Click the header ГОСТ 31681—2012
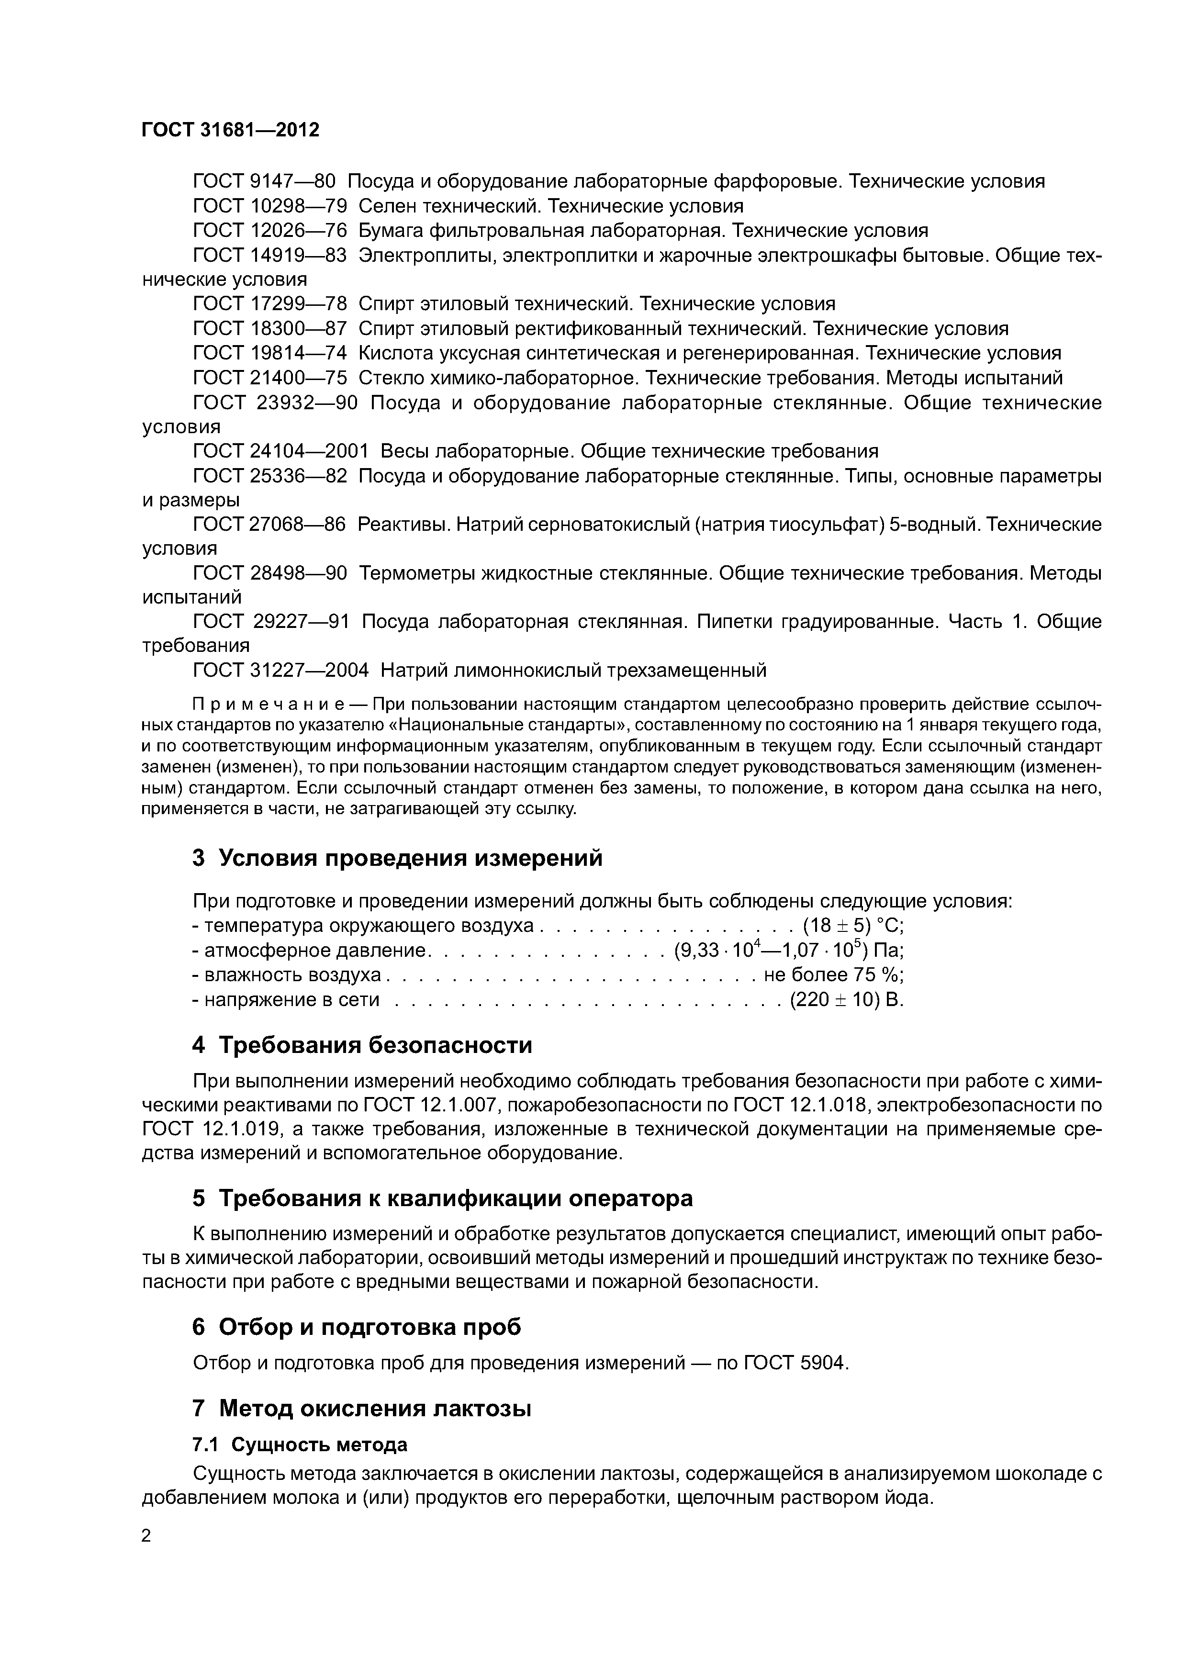[230, 130]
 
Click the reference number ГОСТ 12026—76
[269, 231]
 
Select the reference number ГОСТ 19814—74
[269, 354]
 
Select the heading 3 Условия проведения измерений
[397, 858]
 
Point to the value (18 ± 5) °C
[853, 926]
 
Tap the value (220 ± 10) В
[847, 1000]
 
